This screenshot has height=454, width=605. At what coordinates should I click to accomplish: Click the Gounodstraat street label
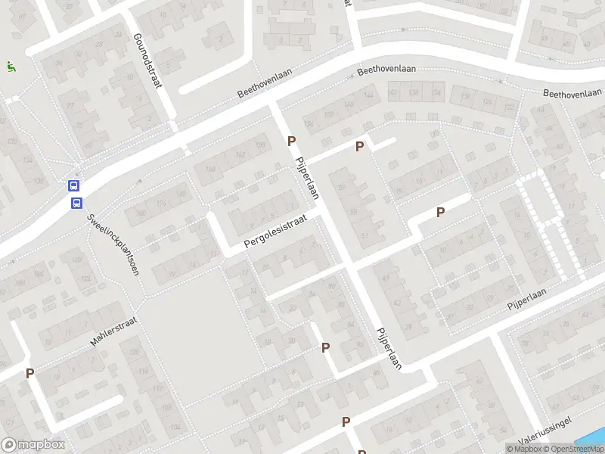[x=147, y=61]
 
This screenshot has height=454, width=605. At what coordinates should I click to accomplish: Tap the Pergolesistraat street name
[x=275, y=232]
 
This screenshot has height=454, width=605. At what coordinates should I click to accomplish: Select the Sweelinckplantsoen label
[x=114, y=244]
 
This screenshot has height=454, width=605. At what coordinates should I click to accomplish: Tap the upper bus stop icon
[x=75, y=185]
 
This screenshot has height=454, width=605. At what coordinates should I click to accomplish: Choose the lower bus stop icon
[x=76, y=202]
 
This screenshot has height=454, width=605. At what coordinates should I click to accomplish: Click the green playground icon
[x=10, y=67]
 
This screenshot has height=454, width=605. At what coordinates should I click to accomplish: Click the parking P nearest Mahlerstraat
[x=30, y=372]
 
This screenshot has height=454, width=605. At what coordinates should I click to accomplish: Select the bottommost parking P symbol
[x=346, y=422]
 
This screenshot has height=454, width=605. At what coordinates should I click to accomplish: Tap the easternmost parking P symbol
[x=440, y=213]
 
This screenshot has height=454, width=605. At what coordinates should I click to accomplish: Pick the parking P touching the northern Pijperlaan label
[x=291, y=141]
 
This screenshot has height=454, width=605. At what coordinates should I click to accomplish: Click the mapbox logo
[x=33, y=444]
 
